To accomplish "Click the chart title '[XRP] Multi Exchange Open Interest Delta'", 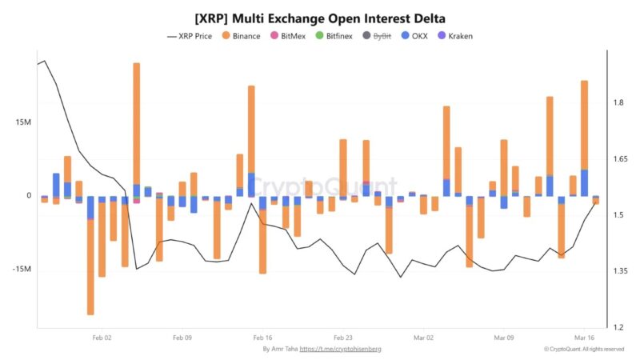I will [320, 18].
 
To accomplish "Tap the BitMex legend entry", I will [295, 36].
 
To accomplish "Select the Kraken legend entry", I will [460, 36].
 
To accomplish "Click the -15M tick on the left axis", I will [22, 269].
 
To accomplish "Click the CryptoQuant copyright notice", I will [583, 350].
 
